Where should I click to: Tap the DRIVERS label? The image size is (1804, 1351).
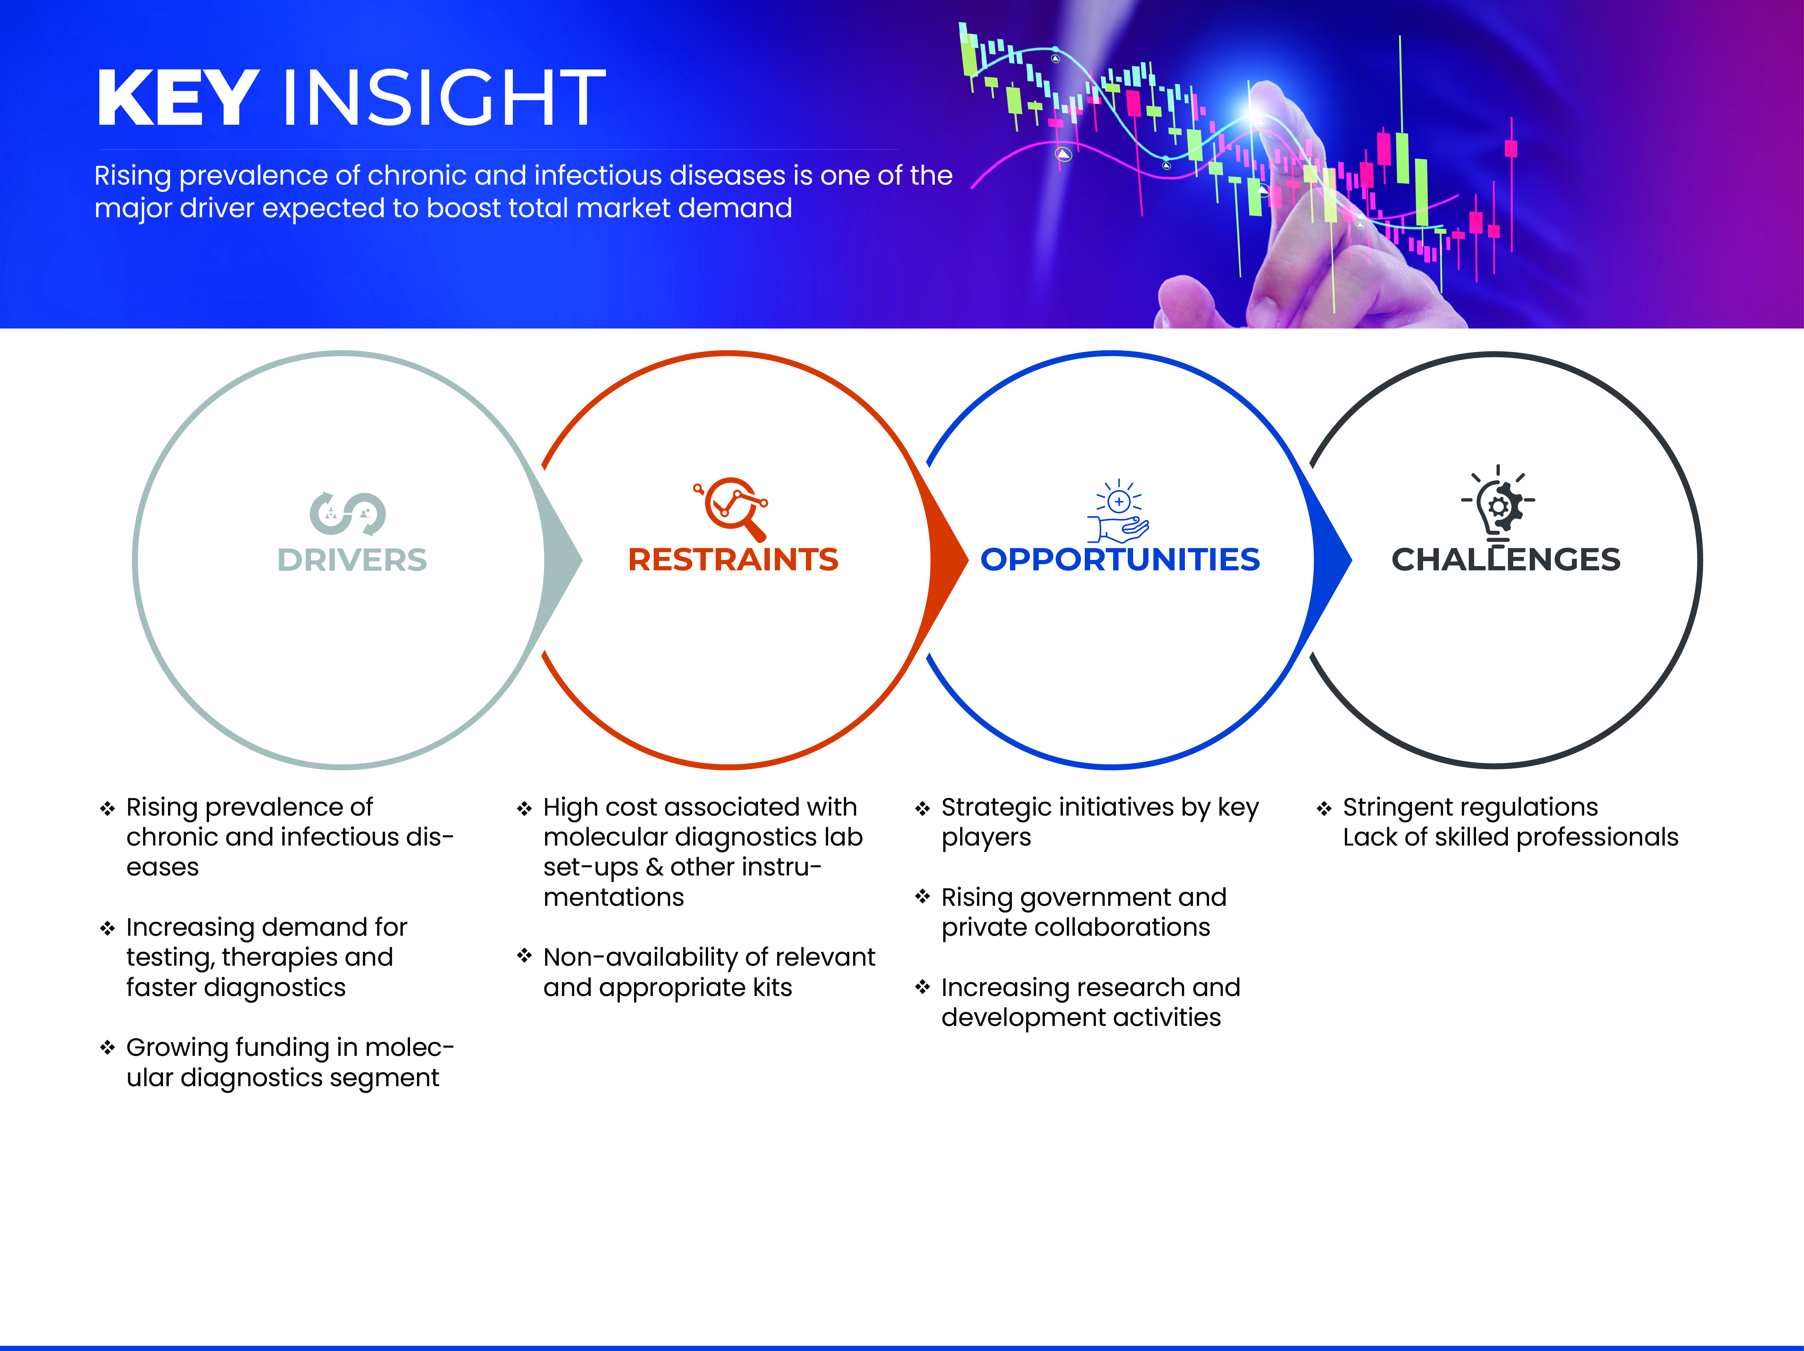[x=351, y=560]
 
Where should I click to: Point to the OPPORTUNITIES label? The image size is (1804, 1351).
[x=1120, y=560]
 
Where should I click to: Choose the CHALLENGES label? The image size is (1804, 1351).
[x=1506, y=560]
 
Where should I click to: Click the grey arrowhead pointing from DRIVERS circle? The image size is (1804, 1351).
[x=563, y=560]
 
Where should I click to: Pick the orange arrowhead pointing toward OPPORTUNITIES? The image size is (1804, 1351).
[x=949, y=560]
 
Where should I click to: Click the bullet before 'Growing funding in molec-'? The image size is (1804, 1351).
[x=107, y=1047]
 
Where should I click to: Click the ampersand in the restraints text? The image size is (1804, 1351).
[x=654, y=867]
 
